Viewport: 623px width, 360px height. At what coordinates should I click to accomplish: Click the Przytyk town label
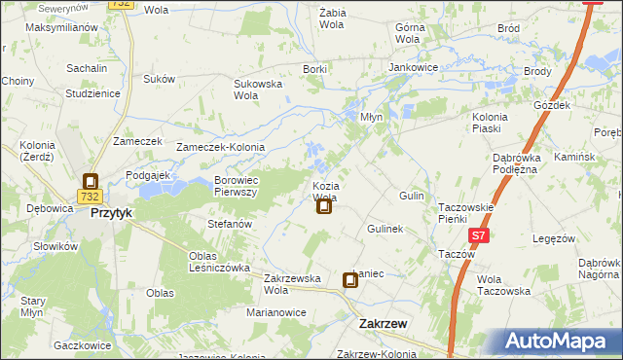[111, 211]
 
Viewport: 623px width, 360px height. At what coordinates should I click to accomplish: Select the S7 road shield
[478, 236]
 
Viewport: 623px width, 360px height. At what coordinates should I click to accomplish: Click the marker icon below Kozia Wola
[324, 205]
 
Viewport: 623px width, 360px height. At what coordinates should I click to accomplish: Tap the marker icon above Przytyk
[91, 181]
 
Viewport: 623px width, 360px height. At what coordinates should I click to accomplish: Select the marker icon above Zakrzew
[350, 281]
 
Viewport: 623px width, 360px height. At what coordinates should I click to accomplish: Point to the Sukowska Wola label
[257, 90]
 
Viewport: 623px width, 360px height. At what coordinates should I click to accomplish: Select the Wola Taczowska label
[503, 284]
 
